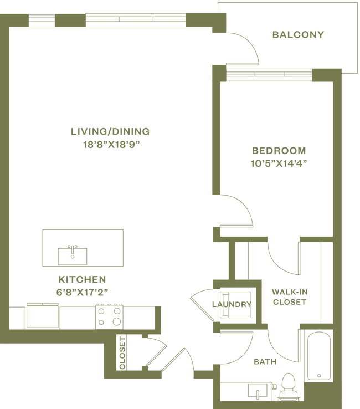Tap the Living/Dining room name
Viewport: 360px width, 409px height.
(110, 132)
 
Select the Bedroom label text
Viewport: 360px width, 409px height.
(279, 151)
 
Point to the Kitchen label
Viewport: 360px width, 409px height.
(81, 279)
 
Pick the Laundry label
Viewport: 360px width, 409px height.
(232, 304)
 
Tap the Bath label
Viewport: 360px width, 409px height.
(264, 361)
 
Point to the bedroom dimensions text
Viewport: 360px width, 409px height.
(279, 163)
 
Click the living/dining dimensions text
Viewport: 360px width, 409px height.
(110, 145)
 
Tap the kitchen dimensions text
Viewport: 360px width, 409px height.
(81, 290)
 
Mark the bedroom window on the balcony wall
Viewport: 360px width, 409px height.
(270, 73)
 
